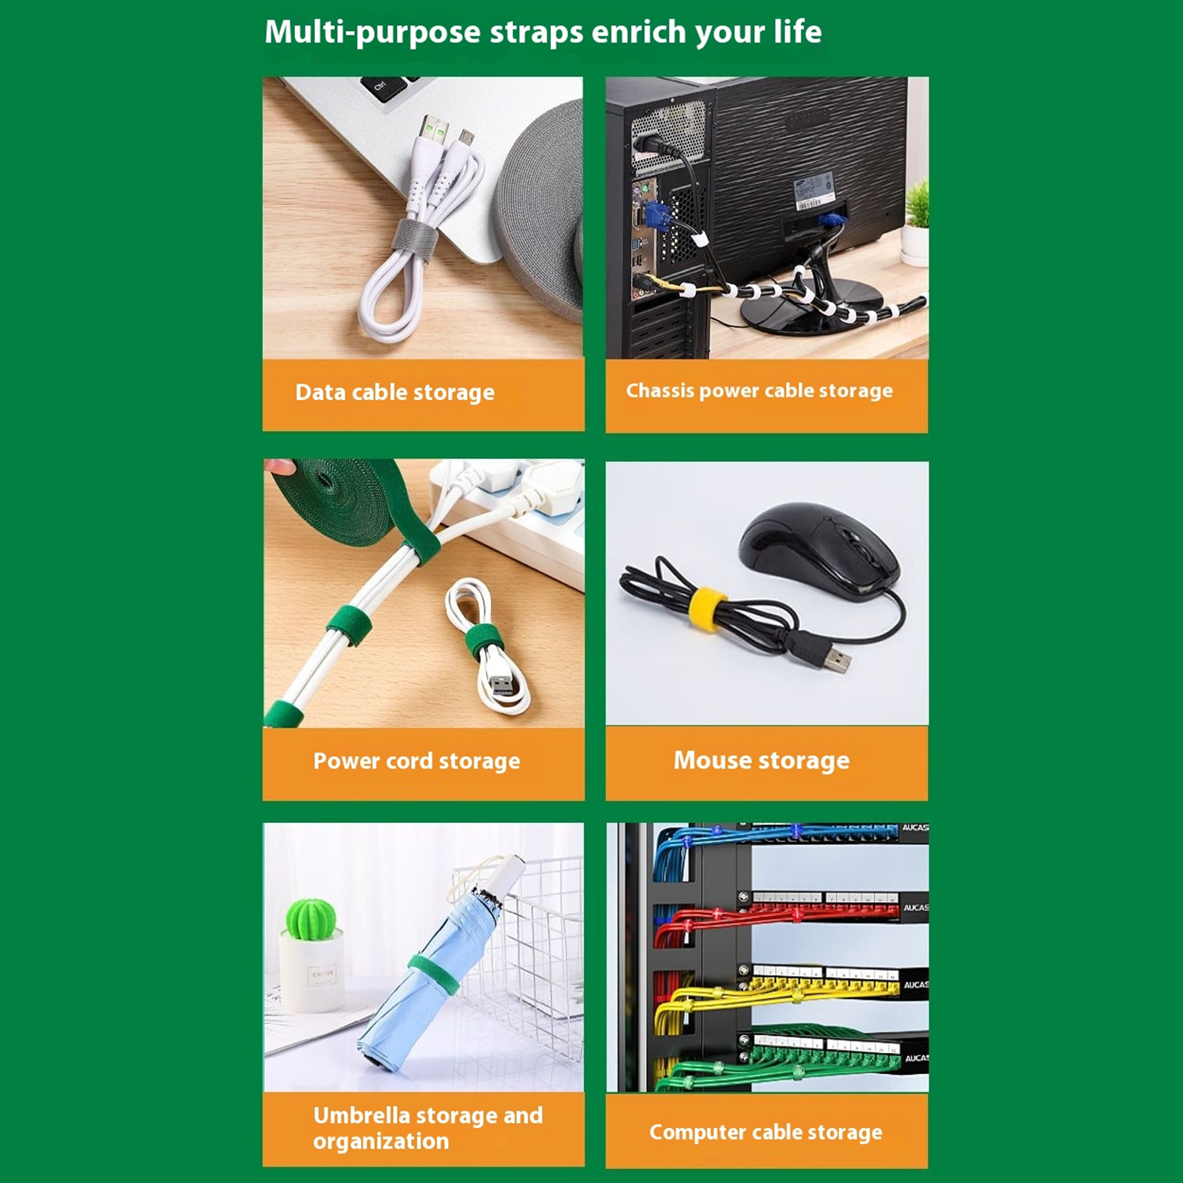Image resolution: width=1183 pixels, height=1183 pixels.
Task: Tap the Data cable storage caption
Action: [395, 392]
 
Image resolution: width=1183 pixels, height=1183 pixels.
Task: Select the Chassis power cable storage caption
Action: [759, 390]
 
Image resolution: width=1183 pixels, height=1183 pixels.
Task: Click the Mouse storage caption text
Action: [762, 760]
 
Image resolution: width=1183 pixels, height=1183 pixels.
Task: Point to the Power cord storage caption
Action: [416, 761]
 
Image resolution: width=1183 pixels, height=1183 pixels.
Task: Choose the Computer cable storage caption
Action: [765, 1132]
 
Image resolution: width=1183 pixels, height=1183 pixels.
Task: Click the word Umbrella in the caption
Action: [362, 1115]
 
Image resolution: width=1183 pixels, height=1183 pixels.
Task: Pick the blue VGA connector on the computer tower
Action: [657, 219]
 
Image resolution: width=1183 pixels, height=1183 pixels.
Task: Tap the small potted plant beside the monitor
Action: [917, 222]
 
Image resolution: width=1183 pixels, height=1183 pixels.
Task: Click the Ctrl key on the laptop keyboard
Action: [379, 87]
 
